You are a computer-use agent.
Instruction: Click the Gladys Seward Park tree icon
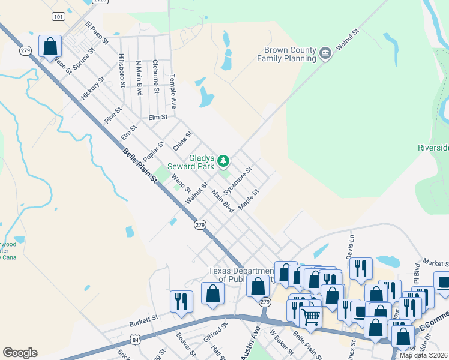223,160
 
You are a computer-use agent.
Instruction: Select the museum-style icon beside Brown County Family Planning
325,54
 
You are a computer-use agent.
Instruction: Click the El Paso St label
97,34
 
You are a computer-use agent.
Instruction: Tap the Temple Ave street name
173,91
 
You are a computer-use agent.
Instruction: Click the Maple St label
248,200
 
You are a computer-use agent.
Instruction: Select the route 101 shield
58,17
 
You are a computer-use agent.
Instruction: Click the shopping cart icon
310,316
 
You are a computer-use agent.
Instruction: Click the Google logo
20,353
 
